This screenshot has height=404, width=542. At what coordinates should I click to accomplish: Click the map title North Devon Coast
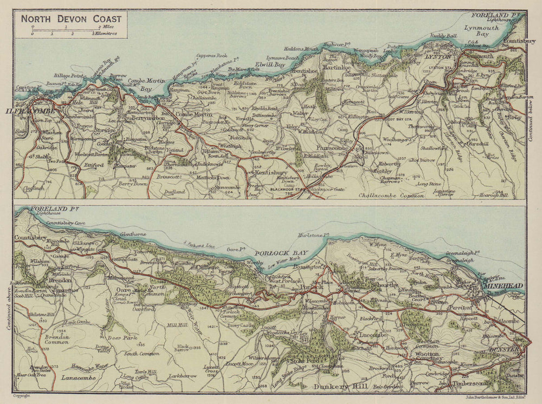pos(72,18)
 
